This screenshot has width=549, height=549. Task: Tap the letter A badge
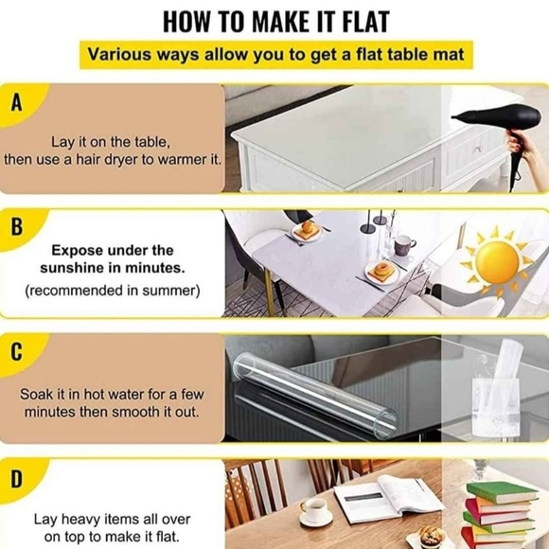[16, 103]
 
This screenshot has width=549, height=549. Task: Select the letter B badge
[16, 227]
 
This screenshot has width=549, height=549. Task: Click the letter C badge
[16, 352]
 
